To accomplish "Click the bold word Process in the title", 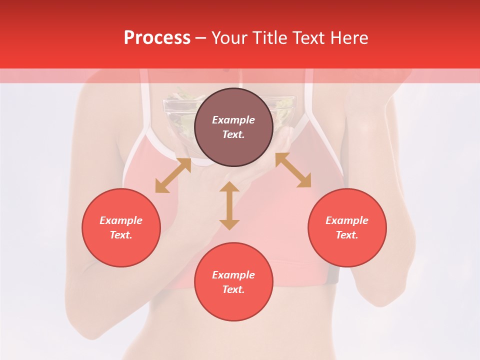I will point(157,38).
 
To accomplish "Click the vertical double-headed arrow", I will point(229,205).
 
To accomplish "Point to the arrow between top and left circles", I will point(173,175).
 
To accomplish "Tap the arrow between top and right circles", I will point(293,170).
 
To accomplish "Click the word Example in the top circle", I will point(233,120).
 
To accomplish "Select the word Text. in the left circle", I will point(121,235).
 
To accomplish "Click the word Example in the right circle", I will point(347,220).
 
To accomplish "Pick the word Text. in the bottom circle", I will point(233,289).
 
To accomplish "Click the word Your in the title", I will point(228,38).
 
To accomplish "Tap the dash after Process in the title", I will point(200,38).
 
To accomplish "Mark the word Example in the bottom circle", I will point(233,275).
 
